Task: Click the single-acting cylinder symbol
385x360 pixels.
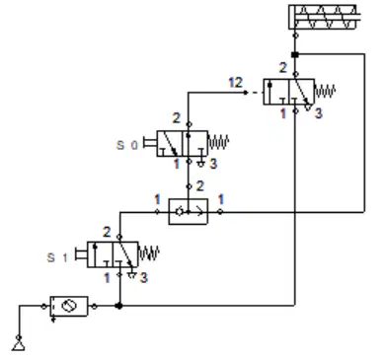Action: (x=324, y=17)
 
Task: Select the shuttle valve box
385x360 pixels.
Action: (x=189, y=212)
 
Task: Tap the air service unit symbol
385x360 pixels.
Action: (x=69, y=307)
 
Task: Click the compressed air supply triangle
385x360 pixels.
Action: (x=19, y=345)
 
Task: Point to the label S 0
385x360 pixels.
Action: (x=127, y=145)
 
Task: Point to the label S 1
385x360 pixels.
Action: (x=57, y=257)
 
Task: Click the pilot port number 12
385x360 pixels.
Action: (x=235, y=82)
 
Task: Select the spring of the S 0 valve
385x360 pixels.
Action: (x=218, y=143)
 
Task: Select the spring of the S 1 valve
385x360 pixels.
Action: (x=149, y=253)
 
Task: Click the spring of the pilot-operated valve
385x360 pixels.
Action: (x=325, y=91)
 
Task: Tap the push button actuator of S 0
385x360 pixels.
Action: (x=150, y=144)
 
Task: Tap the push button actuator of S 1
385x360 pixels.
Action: (x=81, y=254)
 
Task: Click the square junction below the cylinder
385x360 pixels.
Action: (x=295, y=54)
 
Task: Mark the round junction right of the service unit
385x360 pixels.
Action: (x=119, y=306)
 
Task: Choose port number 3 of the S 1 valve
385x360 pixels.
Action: (x=143, y=278)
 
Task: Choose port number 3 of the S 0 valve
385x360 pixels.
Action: (x=213, y=164)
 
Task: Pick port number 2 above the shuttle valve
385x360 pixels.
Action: (x=200, y=186)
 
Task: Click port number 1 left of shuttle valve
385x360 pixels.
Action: (x=157, y=199)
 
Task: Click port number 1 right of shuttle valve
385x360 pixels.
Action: (x=221, y=199)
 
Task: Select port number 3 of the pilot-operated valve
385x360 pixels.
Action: (x=318, y=113)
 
